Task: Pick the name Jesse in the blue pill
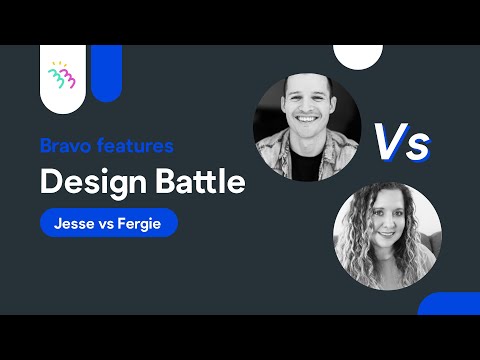71,223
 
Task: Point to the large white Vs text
402,142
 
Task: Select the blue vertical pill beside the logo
106,72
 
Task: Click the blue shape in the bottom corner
450,304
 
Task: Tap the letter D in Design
50,183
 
